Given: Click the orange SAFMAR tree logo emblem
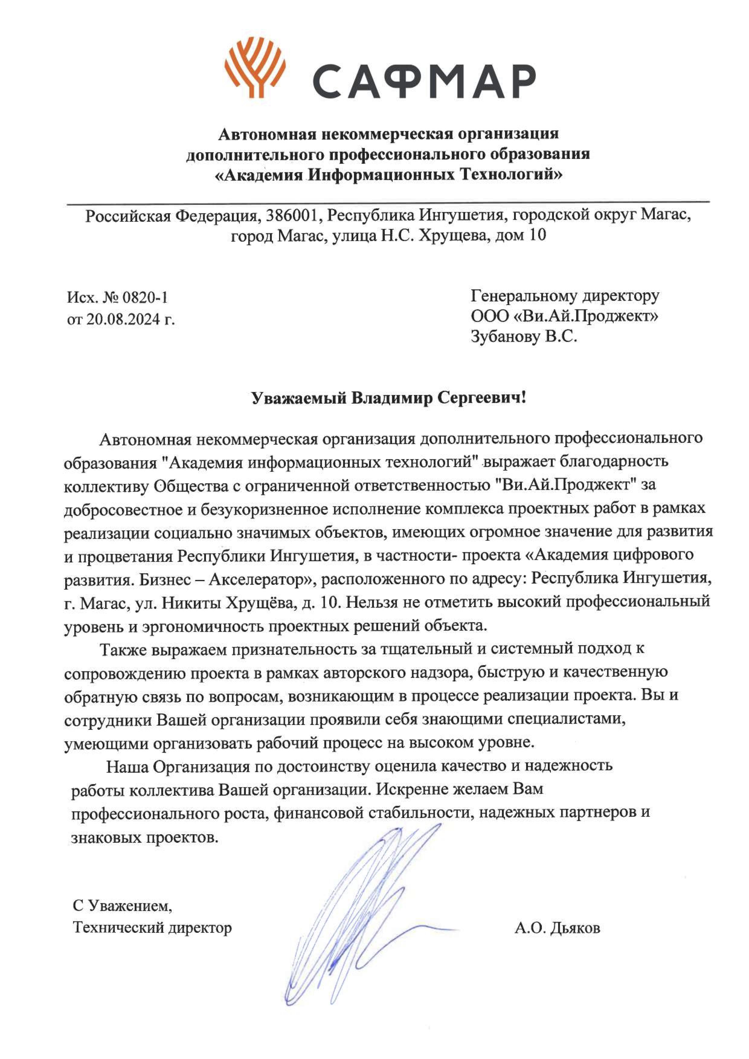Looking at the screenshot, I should [x=255, y=69].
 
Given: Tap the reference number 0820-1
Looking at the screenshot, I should [x=143, y=297].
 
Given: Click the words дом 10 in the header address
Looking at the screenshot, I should [x=520, y=236].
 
